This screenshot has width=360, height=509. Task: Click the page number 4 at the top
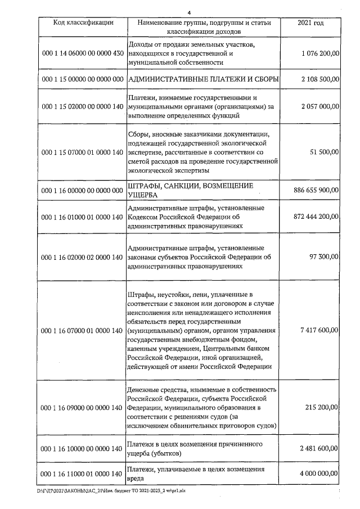click(190, 12)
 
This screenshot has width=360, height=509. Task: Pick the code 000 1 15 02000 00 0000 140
click(83, 106)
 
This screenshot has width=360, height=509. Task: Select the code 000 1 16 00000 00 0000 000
click(83, 190)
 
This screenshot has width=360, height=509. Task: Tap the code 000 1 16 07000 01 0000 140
click(83, 330)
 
